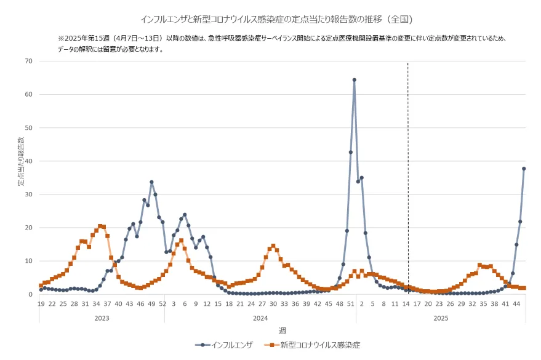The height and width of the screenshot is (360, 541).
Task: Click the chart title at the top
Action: click(x=271, y=20)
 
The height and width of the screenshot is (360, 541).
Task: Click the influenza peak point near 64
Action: click(x=354, y=80)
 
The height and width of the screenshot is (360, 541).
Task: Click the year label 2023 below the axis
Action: click(x=102, y=318)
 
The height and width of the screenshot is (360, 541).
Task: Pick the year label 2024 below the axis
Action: click(x=260, y=318)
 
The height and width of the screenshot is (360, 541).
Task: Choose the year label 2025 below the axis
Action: click(x=441, y=318)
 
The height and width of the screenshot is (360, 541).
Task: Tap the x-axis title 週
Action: click(x=282, y=330)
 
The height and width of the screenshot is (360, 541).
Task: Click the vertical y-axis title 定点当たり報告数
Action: click(x=20, y=162)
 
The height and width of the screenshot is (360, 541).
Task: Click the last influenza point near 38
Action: click(x=524, y=169)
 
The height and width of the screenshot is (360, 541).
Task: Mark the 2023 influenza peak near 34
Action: click(x=151, y=182)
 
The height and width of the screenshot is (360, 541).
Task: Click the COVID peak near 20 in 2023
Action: click(x=100, y=226)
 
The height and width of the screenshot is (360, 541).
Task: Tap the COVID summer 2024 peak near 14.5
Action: click(x=273, y=246)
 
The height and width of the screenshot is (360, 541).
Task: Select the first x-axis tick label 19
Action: click(x=41, y=303)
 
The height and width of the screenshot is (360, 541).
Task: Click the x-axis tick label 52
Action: click(x=162, y=303)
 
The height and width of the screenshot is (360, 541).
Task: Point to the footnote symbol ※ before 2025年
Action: click(x=62, y=38)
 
